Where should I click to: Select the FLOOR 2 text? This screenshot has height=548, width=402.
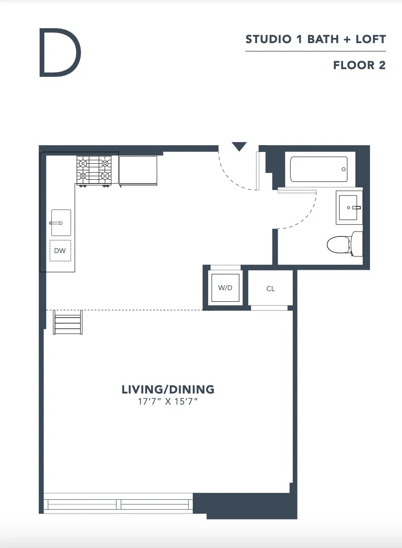click(359, 65)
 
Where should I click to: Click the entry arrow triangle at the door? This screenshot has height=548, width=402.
click(239, 147)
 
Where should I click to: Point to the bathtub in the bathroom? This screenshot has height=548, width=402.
click(319, 169)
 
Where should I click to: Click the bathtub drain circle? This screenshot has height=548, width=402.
click(344, 169)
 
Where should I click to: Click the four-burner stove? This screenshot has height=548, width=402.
click(94, 170)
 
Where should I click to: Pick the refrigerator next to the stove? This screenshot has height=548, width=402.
click(138, 170)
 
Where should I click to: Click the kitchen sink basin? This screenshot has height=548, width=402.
click(61, 223)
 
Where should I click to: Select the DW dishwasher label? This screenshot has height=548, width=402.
click(60, 251)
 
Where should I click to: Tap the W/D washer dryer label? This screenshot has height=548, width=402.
click(225, 288)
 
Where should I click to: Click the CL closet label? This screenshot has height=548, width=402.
click(271, 289)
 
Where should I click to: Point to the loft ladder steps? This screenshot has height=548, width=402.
click(68, 323)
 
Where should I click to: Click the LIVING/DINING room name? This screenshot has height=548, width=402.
click(168, 389)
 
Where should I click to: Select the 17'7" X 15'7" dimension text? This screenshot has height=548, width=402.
click(168, 402)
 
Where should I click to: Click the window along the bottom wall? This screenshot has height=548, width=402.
click(119, 504)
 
